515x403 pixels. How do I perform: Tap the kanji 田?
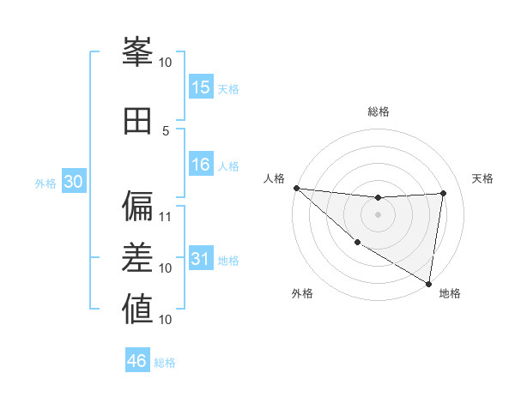click(x=137, y=122)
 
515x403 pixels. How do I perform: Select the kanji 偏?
click(x=137, y=207)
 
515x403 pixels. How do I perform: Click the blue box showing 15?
click(x=201, y=87)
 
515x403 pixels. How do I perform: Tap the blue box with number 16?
click(x=201, y=165)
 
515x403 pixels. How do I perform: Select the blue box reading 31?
click(x=201, y=259)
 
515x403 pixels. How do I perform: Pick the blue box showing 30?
click(x=74, y=182)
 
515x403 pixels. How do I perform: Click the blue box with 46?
click(x=137, y=361)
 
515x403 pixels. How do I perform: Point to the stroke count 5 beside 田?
click(x=166, y=130)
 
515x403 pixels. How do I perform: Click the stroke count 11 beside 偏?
click(x=166, y=216)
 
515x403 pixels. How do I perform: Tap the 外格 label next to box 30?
click(x=45, y=183)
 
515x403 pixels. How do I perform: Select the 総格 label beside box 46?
click(x=165, y=362)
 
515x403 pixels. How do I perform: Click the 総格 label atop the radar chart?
click(x=379, y=111)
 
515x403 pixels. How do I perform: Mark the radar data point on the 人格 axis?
click(x=296, y=188)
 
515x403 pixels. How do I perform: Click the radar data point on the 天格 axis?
click(x=444, y=193)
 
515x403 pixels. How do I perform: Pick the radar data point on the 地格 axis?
click(x=429, y=283)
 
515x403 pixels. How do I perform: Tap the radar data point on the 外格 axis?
click(x=357, y=242)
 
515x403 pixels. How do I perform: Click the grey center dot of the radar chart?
click(x=378, y=214)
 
